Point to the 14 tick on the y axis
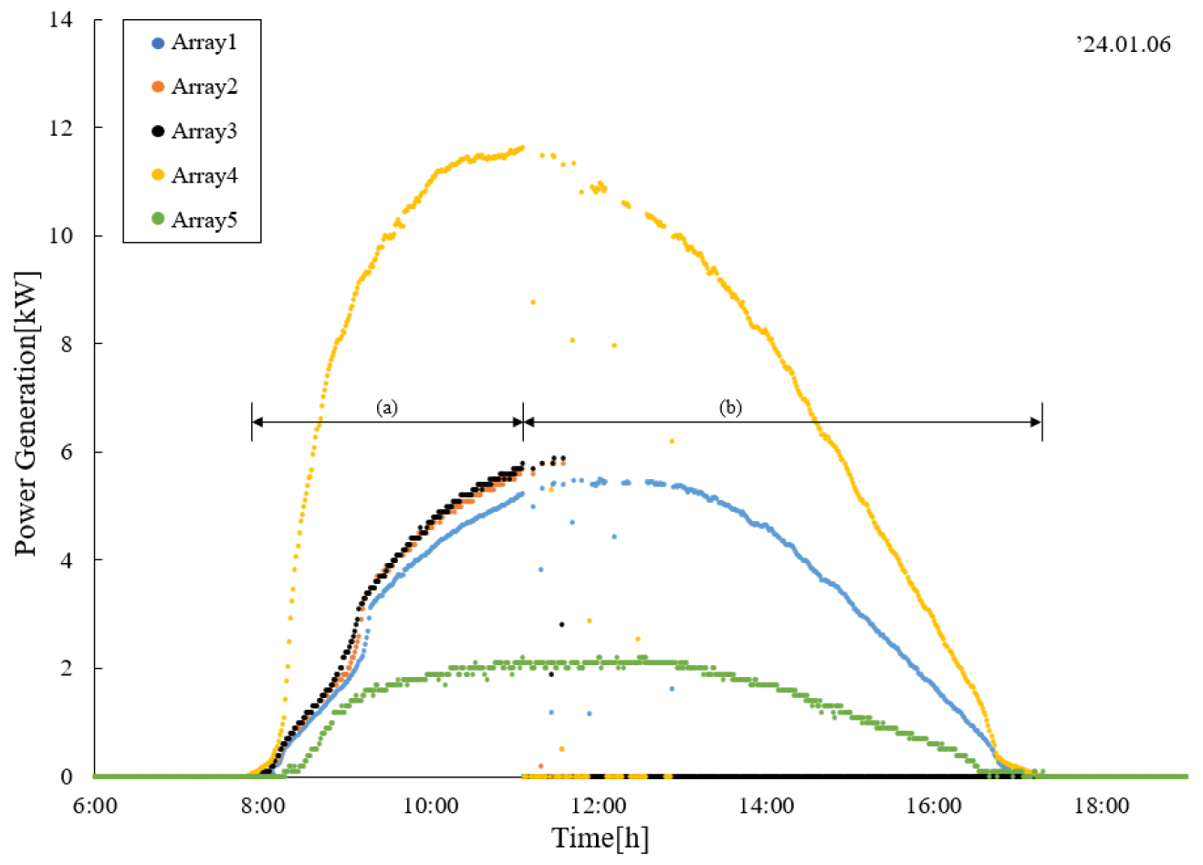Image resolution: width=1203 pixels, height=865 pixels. [61, 19]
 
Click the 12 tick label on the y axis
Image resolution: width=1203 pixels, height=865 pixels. [61, 128]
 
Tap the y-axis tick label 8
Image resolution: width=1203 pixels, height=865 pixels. [67, 344]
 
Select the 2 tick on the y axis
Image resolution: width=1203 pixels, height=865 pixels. [67, 669]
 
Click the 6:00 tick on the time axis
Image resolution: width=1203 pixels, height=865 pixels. [95, 806]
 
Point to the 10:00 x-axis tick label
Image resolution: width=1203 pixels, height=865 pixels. [431, 806]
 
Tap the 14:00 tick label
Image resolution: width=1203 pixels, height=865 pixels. [767, 806]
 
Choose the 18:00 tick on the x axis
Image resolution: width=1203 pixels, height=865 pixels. [1103, 806]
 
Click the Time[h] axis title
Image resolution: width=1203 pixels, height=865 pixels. [600, 838]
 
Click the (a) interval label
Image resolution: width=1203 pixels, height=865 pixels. [387, 407]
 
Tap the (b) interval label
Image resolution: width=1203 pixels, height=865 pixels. [730, 407]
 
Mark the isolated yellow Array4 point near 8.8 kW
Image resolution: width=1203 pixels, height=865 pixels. [533, 302]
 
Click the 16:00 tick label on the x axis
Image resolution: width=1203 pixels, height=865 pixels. [935, 806]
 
